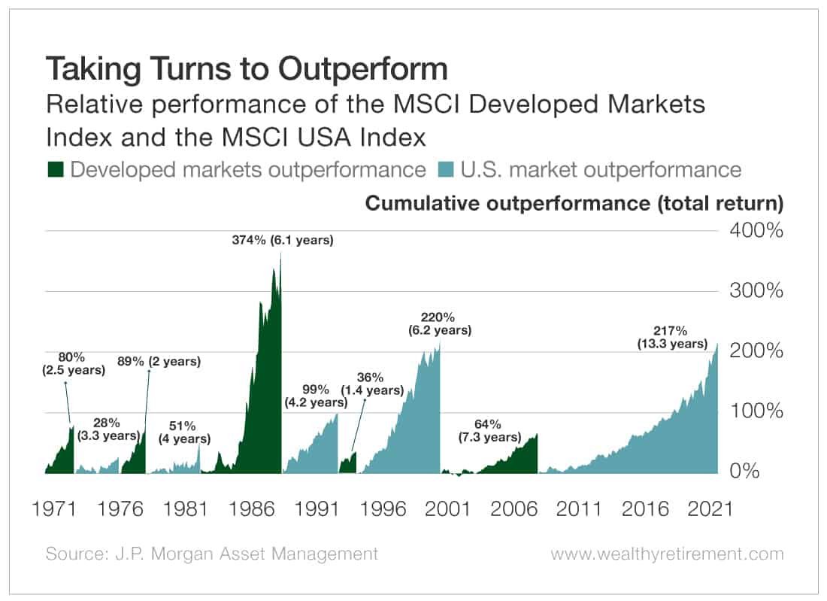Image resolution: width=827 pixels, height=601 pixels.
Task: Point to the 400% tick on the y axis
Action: click(756, 230)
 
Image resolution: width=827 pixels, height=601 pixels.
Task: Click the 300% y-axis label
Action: click(756, 291)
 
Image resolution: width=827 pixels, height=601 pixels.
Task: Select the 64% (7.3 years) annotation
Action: click(489, 430)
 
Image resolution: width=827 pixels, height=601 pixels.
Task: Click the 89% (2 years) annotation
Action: click(159, 361)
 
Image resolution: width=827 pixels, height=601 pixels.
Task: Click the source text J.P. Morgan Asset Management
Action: click(212, 554)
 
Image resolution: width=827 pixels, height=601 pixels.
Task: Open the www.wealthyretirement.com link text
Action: click(667, 554)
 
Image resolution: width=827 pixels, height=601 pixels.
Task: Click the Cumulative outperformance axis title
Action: click(574, 203)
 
